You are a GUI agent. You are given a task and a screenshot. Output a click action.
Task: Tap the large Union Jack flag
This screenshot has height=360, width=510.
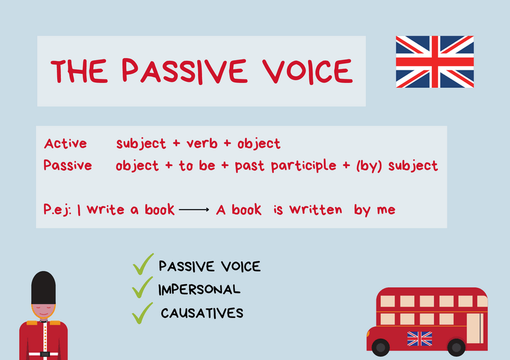point(434,62)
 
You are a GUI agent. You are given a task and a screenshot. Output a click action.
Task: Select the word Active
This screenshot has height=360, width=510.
point(65,144)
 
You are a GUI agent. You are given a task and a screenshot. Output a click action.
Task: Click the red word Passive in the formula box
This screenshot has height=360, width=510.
point(67,165)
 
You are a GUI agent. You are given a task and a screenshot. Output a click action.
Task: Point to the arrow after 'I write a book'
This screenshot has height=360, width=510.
point(193,210)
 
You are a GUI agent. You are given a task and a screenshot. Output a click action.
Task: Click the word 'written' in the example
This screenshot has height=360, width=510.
point(315,210)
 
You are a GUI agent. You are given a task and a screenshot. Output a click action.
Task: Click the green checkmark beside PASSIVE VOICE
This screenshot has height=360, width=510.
point(143,264)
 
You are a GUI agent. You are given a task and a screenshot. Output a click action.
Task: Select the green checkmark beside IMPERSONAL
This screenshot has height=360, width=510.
point(143,288)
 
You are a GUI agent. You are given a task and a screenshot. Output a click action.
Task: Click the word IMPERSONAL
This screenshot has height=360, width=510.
point(199,290)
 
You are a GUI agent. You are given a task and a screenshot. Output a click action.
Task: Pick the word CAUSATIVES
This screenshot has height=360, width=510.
point(202,313)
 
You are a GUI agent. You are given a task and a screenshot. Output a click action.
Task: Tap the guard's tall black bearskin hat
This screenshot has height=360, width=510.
point(43,287)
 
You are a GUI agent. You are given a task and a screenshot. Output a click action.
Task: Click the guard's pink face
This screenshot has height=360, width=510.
point(43,313)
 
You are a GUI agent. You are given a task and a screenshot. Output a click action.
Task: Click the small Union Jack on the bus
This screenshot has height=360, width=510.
point(420,338)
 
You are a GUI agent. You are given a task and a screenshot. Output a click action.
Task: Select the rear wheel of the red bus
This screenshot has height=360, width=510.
point(456,347)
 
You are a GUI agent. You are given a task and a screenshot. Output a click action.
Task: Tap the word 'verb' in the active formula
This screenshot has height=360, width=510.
point(203,144)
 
